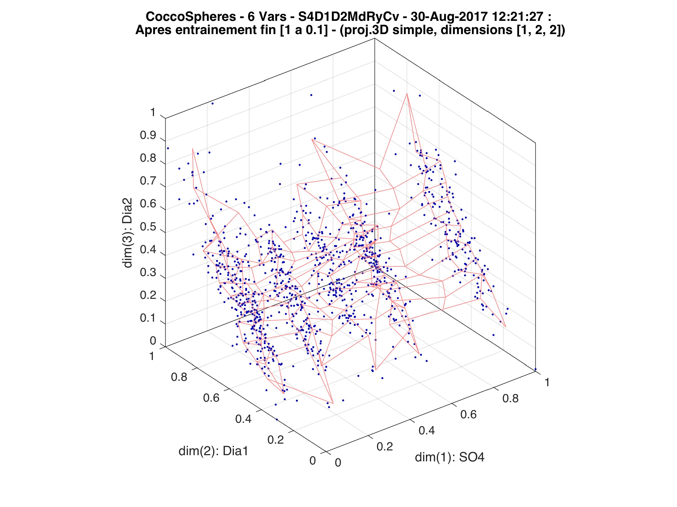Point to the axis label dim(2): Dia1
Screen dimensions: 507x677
point(213,451)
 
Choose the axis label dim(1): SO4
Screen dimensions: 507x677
point(450,457)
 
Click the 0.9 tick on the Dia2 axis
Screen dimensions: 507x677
point(148,135)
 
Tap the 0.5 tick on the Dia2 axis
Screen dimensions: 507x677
point(148,227)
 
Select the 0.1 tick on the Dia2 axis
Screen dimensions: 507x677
point(148,318)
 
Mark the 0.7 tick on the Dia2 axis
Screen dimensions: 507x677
point(148,181)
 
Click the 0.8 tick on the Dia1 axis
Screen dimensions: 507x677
point(179,377)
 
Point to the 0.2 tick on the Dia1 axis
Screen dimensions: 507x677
point(275,440)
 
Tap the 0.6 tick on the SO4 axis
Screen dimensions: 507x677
point(468,414)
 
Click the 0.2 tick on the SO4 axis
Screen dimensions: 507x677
point(384,446)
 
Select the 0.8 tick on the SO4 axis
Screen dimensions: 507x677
point(511,398)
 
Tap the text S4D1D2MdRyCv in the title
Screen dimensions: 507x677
point(349,17)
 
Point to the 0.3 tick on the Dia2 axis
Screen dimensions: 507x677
point(148,273)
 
